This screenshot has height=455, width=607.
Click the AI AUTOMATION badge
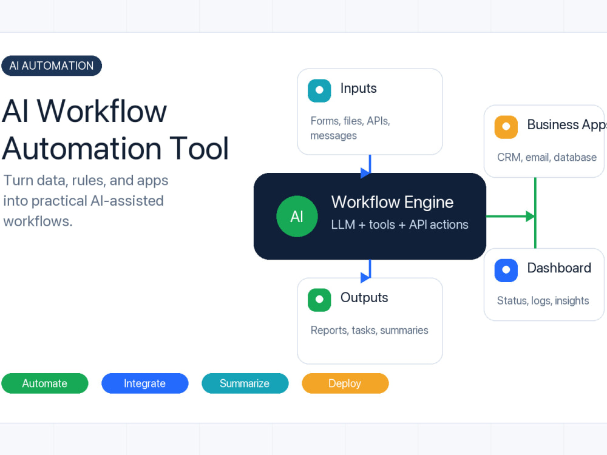tap(52, 66)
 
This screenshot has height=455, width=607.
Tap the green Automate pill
tap(45, 383)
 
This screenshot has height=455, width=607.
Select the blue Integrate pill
tap(145, 383)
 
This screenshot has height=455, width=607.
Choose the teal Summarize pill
tap(245, 383)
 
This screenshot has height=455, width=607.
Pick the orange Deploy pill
tap(345, 383)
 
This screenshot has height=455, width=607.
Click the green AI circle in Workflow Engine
tap(297, 217)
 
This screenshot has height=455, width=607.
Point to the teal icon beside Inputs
tap(319, 90)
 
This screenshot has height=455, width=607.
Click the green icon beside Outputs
tap(319, 300)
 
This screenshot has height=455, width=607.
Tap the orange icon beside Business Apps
tap(506, 127)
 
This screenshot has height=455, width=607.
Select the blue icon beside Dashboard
tap(506, 271)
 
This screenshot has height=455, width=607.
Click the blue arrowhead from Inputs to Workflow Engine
tap(365, 173)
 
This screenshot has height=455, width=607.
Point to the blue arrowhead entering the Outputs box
tap(365, 277)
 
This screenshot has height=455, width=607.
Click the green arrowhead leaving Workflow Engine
tap(531, 217)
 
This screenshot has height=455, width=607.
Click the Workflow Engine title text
tap(392, 203)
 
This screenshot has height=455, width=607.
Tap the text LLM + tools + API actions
tap(399, 225)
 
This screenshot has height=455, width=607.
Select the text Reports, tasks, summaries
tap(369, 331)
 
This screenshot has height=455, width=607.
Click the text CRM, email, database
tap(547, 158)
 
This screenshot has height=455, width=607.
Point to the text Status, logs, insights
tap(543, 301)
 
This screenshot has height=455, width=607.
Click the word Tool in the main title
tap(199, 149)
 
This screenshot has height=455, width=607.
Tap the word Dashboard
tap(559, 268)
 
